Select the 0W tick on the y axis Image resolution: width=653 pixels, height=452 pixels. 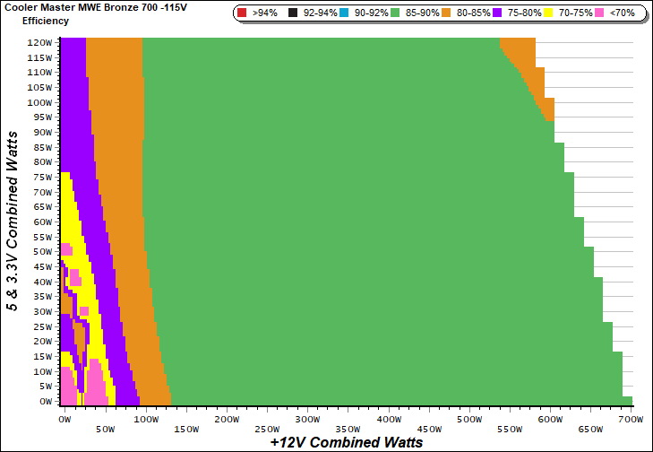click(x=45, y=402)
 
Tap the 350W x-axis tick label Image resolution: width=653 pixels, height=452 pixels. click(x=305, y=419)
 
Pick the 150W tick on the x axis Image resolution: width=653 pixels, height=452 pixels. click(x=145, y=419)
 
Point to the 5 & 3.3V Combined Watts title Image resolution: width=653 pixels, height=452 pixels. click(x=13, y=220)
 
